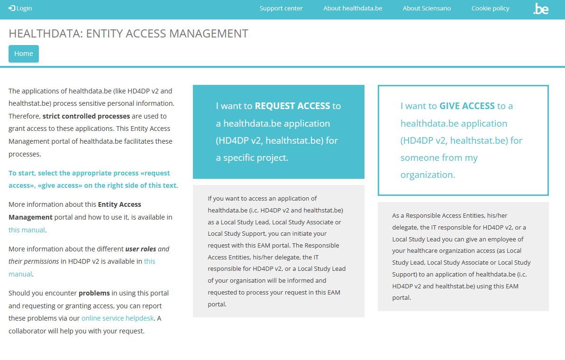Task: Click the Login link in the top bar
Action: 24,8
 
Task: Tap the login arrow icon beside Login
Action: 12,8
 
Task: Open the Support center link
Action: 281,8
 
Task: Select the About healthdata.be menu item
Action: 353,8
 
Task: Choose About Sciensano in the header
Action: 427,8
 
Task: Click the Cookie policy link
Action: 490,8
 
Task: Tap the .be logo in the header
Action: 541,9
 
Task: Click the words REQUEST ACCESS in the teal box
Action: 292,106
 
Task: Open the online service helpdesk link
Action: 118,318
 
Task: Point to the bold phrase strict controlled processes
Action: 86,116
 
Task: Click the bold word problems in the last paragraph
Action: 94,293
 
